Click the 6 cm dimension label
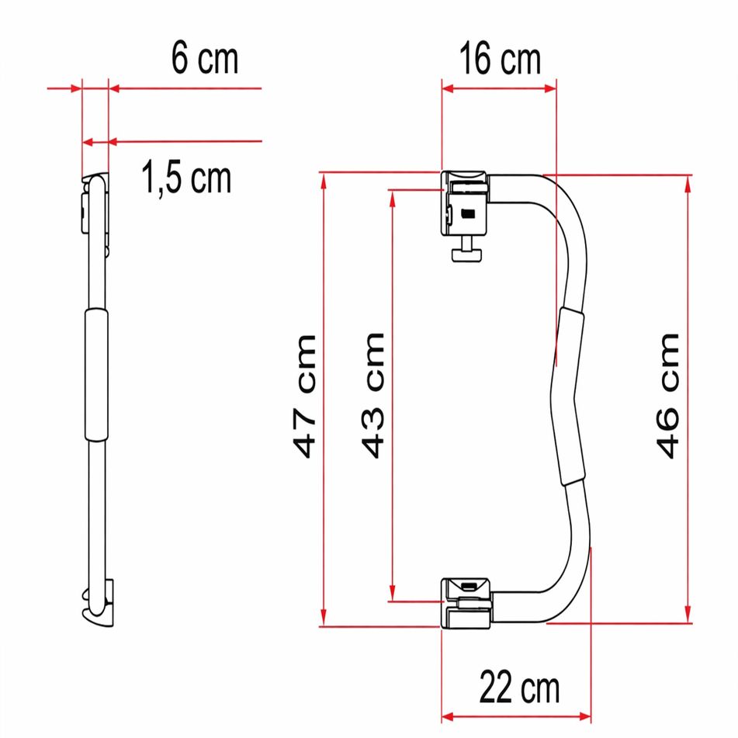(204, 60)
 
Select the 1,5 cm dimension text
(186, 178)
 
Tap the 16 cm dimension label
(498, 60)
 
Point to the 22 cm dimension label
(518, 686)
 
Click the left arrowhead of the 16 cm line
(447, 88)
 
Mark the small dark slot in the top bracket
(467, 214)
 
